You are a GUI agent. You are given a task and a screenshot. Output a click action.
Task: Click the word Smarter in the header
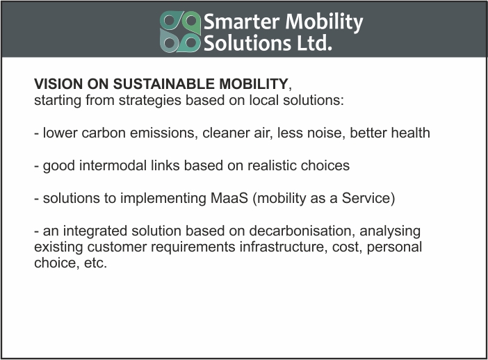pyautogui.click(x=241, y=22)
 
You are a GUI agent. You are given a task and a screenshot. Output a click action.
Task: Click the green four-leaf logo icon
pyautogui.click(x=180, y=32)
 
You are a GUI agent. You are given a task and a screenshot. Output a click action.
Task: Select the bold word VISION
pyautogui.click(x=58, y=84)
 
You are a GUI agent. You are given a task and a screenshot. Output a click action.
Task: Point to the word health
pyautogui.click(x=411, y=133)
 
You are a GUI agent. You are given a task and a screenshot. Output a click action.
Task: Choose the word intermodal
pyautogui.click(x=113, y=165)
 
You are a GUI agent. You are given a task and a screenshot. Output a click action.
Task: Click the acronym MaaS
pyautogui.click(x=229, y=198)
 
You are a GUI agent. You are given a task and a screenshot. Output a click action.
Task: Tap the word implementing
pyautogui.click(x=163, y=199)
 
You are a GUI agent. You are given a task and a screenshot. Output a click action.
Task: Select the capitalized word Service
pyautogui.click(x=366, y=198)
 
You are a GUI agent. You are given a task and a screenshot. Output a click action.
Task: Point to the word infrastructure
pyautogui.click(x=283, y=247)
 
